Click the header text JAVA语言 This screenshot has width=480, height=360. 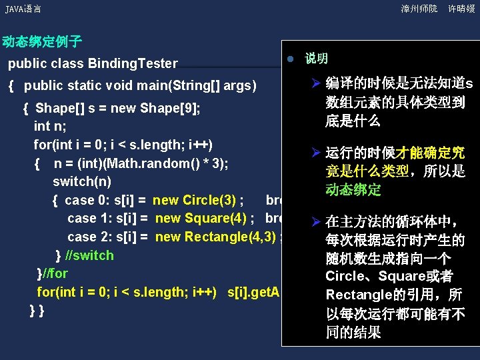23,9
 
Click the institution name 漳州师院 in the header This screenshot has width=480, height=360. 419,9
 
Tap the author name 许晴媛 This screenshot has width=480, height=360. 461,9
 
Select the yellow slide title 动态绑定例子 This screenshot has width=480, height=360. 41,42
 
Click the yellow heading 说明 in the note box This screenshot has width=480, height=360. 316,59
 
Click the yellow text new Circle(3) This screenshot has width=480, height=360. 197,200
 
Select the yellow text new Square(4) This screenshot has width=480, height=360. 202,218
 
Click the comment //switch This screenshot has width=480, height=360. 90,255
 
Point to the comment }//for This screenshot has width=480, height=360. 53,273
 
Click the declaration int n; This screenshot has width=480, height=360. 49,126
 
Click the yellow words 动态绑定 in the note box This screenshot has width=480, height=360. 353,190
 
